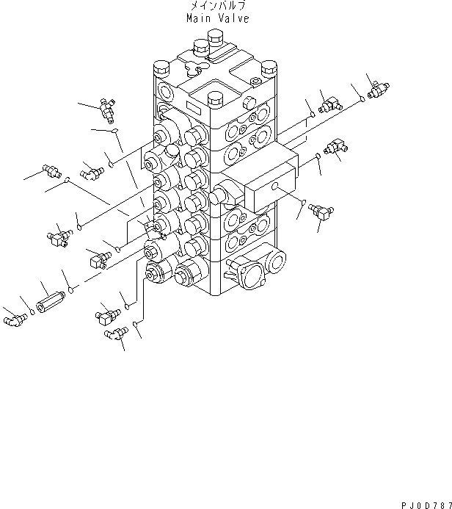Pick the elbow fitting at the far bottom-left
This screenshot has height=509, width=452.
pos(15,320)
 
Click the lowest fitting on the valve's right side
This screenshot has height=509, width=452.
pos(321,212)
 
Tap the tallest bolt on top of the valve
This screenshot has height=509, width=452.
pos(215,38)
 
